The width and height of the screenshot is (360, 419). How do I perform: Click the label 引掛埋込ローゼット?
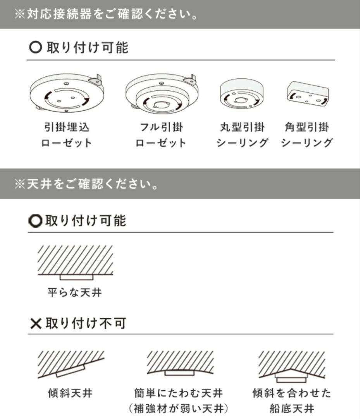tap(67, 135)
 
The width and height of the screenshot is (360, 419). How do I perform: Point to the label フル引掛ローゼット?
tap(161, 135)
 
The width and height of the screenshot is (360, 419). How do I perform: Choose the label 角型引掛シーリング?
tap(307, 135)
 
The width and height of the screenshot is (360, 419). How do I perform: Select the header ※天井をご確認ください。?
tap(86, 184)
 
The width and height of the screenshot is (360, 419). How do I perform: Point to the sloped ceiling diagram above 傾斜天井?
tap(71, 364)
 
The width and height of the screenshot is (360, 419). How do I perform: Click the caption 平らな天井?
tap(75, 292)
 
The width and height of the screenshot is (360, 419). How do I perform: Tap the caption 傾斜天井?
tap(71, 393)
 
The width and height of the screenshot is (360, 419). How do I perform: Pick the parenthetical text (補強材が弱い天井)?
tap(179, 409)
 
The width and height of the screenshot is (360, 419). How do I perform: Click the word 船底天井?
tap(291, 409)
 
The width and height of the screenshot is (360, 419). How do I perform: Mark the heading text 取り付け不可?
tap(86, 324)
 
